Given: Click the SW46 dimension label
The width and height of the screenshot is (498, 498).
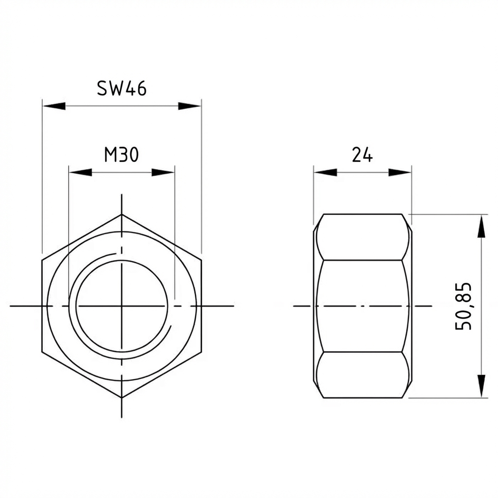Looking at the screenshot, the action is (122, 88).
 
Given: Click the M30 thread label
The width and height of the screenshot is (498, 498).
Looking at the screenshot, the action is (122, 155).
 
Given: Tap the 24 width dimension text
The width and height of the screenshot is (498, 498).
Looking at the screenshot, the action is (362, 155).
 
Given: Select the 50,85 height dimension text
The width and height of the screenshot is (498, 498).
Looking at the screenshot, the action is (463, 306).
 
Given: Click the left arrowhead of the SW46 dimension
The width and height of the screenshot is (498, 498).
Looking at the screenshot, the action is (53, 106).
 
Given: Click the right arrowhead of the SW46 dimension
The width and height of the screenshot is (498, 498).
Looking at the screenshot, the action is (190, 106).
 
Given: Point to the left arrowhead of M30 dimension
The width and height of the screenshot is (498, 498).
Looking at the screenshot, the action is (80, 172).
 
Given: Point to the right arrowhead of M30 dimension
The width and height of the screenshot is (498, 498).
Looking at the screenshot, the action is (163, 172).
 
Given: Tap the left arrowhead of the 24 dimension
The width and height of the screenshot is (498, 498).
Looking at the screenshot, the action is (325, 172).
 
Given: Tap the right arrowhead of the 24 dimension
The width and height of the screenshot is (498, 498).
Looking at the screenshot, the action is (400, 172).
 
